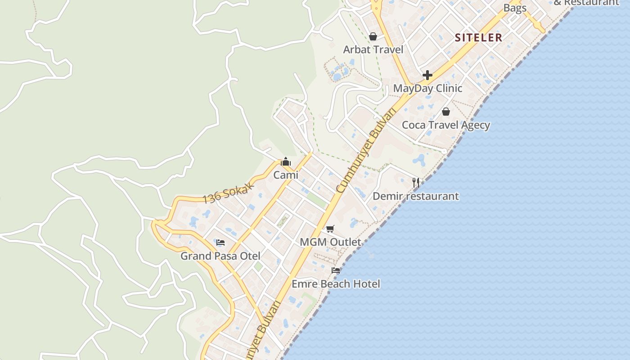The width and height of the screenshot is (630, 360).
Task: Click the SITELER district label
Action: point(478,37)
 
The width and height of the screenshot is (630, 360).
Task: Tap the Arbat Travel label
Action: point(373,49)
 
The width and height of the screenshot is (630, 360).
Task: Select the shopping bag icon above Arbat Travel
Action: point(373,36)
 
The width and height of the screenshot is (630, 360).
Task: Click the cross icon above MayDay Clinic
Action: point(427,75)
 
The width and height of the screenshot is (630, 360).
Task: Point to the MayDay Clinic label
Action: point(427,88)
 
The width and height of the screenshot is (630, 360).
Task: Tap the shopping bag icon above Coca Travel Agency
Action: point(446,112)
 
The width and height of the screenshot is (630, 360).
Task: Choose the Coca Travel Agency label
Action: point(445,125)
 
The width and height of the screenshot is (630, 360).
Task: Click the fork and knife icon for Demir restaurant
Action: point(416,182)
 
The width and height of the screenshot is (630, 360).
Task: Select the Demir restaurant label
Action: point(415,196)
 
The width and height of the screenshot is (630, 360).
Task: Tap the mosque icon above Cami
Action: point(286,162)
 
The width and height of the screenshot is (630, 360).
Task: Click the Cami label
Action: point(286,175)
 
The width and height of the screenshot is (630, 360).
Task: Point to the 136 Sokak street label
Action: point(229,193)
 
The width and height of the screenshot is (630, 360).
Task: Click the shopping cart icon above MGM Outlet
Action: point(330,229)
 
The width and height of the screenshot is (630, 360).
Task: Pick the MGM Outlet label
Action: point(330,242)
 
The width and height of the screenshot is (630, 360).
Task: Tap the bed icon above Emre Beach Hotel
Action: point(336,270)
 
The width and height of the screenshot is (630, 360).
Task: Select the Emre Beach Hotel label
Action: point(336,284)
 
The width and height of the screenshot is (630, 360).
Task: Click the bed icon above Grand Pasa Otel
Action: point(220,243)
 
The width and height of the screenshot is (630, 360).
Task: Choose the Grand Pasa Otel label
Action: point(220,256)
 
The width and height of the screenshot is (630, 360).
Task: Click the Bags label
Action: point(515,8)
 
